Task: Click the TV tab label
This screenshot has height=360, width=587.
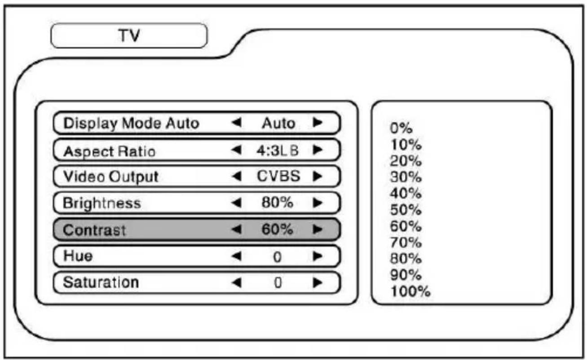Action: [129, 36]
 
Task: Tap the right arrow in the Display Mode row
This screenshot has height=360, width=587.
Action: [318, 122]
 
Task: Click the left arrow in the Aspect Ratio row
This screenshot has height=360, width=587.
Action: [236, 150]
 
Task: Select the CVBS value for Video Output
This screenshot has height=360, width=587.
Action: [278, 176]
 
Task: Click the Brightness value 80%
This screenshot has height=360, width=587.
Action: [277, 202]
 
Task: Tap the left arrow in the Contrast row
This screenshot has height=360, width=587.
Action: [236, 229]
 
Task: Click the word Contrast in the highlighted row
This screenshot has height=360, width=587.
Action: [94, 230]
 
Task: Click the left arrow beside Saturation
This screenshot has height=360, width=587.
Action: [236, 283]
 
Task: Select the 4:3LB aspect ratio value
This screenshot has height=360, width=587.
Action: [278, 151]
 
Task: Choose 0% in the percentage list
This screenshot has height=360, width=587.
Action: [401, 128]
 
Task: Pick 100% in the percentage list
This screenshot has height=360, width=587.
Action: [410, 291]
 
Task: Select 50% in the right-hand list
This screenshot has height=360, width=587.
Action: [406, 210]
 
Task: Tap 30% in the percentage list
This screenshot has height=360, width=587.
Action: [406, 177]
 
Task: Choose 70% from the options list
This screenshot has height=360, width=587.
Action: [406, 242]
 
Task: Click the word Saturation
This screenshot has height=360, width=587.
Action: [101, 282]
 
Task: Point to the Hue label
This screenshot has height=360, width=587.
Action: [78, 256]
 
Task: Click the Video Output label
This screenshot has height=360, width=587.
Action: [111, 177]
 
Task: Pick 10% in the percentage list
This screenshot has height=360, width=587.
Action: [406, 144]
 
